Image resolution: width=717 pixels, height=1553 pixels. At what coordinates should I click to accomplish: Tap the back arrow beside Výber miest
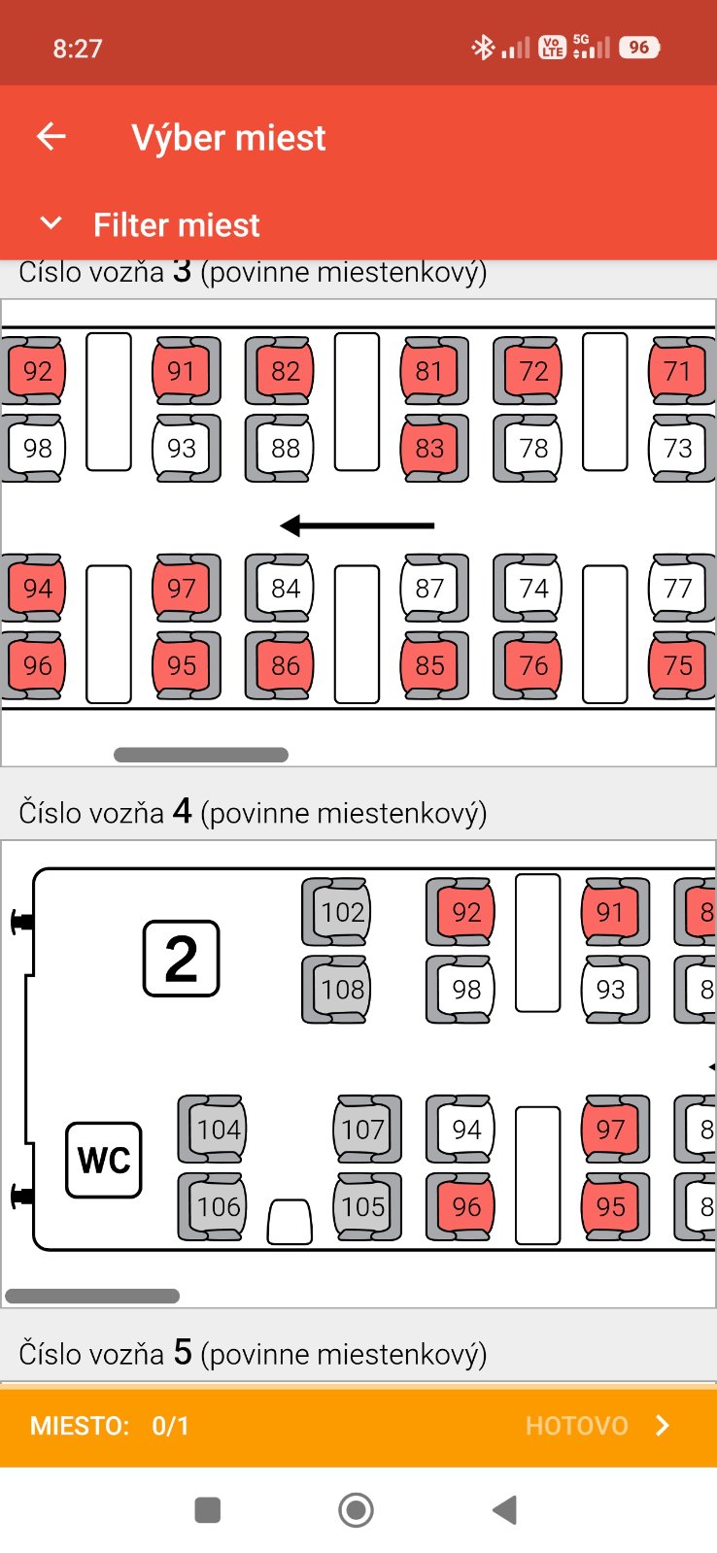pos(51,137)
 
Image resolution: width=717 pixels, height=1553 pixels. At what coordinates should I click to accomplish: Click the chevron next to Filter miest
pos(51,224)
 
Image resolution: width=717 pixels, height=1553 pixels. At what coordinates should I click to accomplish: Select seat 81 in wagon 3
pos(428,371)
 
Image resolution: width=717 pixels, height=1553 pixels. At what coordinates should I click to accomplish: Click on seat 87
pos(428,589)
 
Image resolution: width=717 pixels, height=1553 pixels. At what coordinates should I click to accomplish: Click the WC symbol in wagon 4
pos(104,1160)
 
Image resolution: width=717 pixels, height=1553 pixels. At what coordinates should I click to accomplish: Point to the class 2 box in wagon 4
pos(182,960)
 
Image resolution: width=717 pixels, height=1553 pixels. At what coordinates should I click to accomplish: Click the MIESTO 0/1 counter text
pos(110,1426)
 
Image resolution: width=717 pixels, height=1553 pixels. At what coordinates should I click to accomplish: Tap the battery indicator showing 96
pos(639,47)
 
